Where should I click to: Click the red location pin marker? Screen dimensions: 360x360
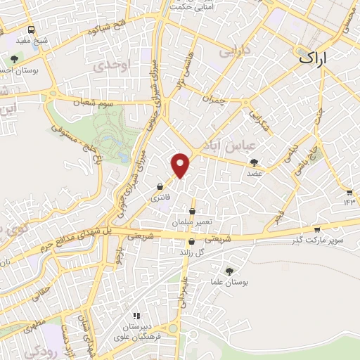[181, 164]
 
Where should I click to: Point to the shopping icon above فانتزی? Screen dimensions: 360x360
[162, 187]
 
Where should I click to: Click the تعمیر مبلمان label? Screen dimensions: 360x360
[192, 222]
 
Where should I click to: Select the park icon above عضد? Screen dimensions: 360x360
[254, 162]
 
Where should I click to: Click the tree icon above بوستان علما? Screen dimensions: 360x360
[229, 271]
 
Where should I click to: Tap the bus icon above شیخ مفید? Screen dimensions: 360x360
[32, 30]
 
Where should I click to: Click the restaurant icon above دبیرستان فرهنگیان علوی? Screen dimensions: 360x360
[137, 316]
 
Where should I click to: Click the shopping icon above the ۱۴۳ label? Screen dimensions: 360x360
[349, 191]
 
